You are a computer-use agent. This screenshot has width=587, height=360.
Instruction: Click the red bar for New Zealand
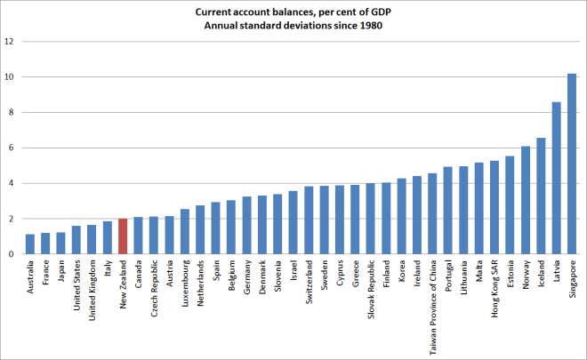[123, 236]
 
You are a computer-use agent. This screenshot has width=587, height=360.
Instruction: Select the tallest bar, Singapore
[572, 164]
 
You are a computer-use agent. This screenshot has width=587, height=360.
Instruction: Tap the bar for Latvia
[557, 179]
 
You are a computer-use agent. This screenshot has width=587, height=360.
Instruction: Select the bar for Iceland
[541, 196]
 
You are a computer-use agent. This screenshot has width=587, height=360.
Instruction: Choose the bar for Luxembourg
[184, 232]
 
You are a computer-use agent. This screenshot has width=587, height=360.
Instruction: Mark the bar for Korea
[401, 217]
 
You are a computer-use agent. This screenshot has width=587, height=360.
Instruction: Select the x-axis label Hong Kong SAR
[495, 285]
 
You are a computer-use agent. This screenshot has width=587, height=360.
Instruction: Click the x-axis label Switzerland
[309, 281]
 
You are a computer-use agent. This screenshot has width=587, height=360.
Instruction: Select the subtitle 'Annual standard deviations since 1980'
[293, 25]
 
